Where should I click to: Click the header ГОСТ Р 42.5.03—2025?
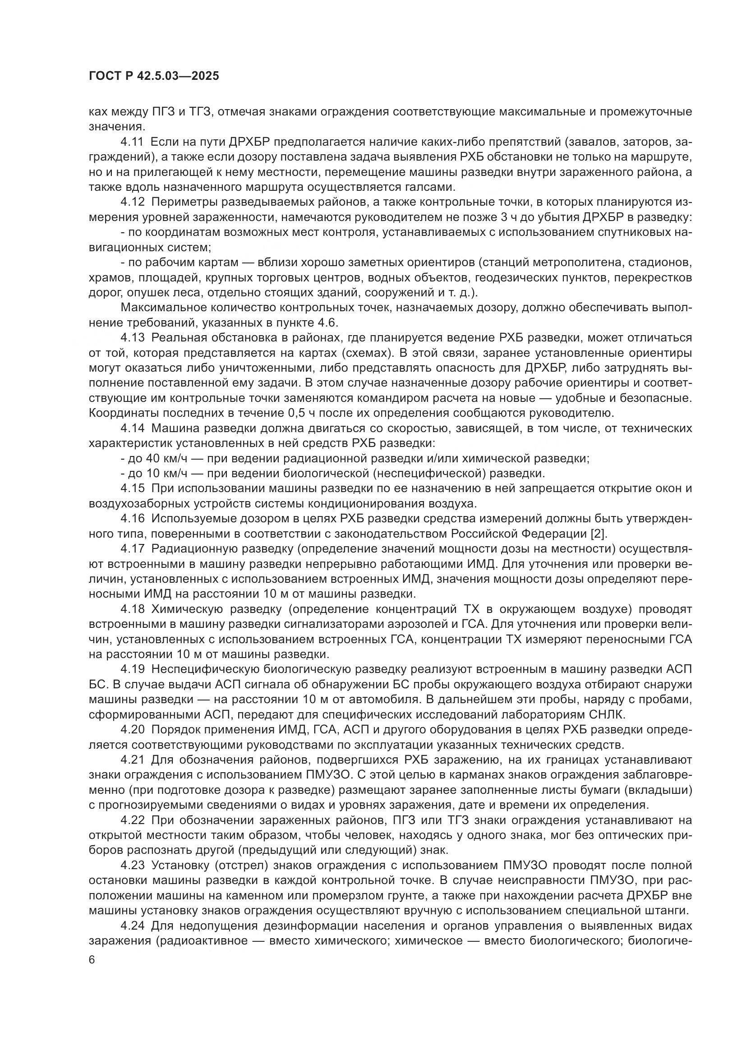(x=154, y=76)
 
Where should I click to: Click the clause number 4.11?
(x=132, y=142)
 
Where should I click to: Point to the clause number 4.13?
(x=132, y=338)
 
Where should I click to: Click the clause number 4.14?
(x=132, y=428)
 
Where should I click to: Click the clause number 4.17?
(x=132, y=548)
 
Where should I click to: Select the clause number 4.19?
(x=132, y=669)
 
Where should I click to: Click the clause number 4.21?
(x=132, y=760)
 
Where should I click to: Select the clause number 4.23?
(x=132, y=865)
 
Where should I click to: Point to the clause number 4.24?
(x=132, y=926)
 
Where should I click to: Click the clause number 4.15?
(x=132, y=488)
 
